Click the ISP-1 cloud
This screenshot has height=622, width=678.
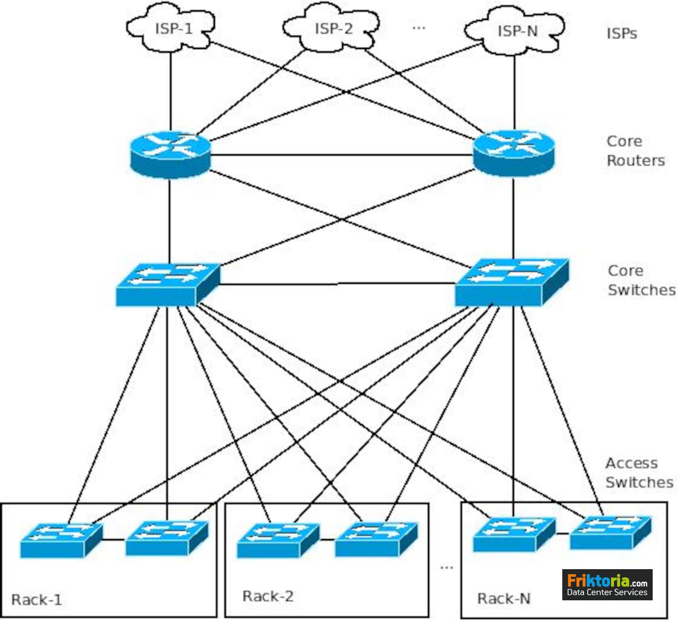(171, 28)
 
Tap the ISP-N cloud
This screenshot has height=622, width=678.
(515, 31)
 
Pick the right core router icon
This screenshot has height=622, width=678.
(513, 154)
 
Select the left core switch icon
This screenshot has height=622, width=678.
(167, 284)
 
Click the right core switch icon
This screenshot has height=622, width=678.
(511, 282)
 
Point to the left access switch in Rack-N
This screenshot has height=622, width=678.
(513, 534)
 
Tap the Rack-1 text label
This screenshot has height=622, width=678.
(36, 600)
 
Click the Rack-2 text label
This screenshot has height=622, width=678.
(268, 596)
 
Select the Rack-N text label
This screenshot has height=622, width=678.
(504, 599)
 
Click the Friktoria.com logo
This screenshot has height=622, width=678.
(607, 585)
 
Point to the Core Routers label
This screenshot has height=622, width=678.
(635, 151)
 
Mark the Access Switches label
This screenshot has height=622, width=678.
(639, 472)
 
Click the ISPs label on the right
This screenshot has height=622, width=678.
(621, 33)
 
